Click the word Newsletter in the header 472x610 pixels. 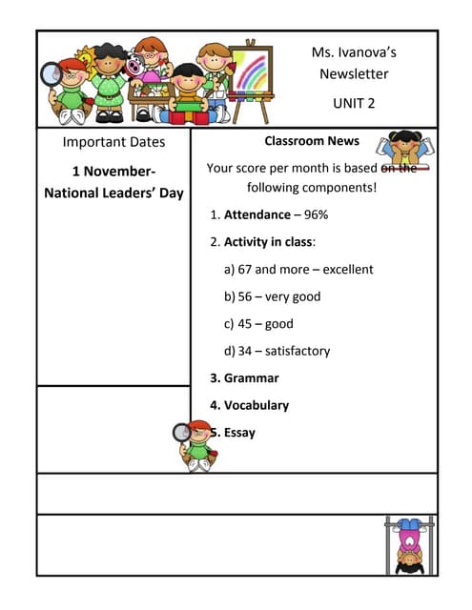(x=354, y=73)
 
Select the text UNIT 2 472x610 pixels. (x=354, y=102)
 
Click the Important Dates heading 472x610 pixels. (x=113, y=142)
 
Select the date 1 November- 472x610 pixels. (x=113, y=172)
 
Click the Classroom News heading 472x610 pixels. (x=312, y=141)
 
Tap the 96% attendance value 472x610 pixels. (x=316, y=215)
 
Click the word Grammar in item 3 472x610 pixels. (x=251, y=377)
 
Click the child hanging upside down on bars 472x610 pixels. (x=409, y=544)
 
